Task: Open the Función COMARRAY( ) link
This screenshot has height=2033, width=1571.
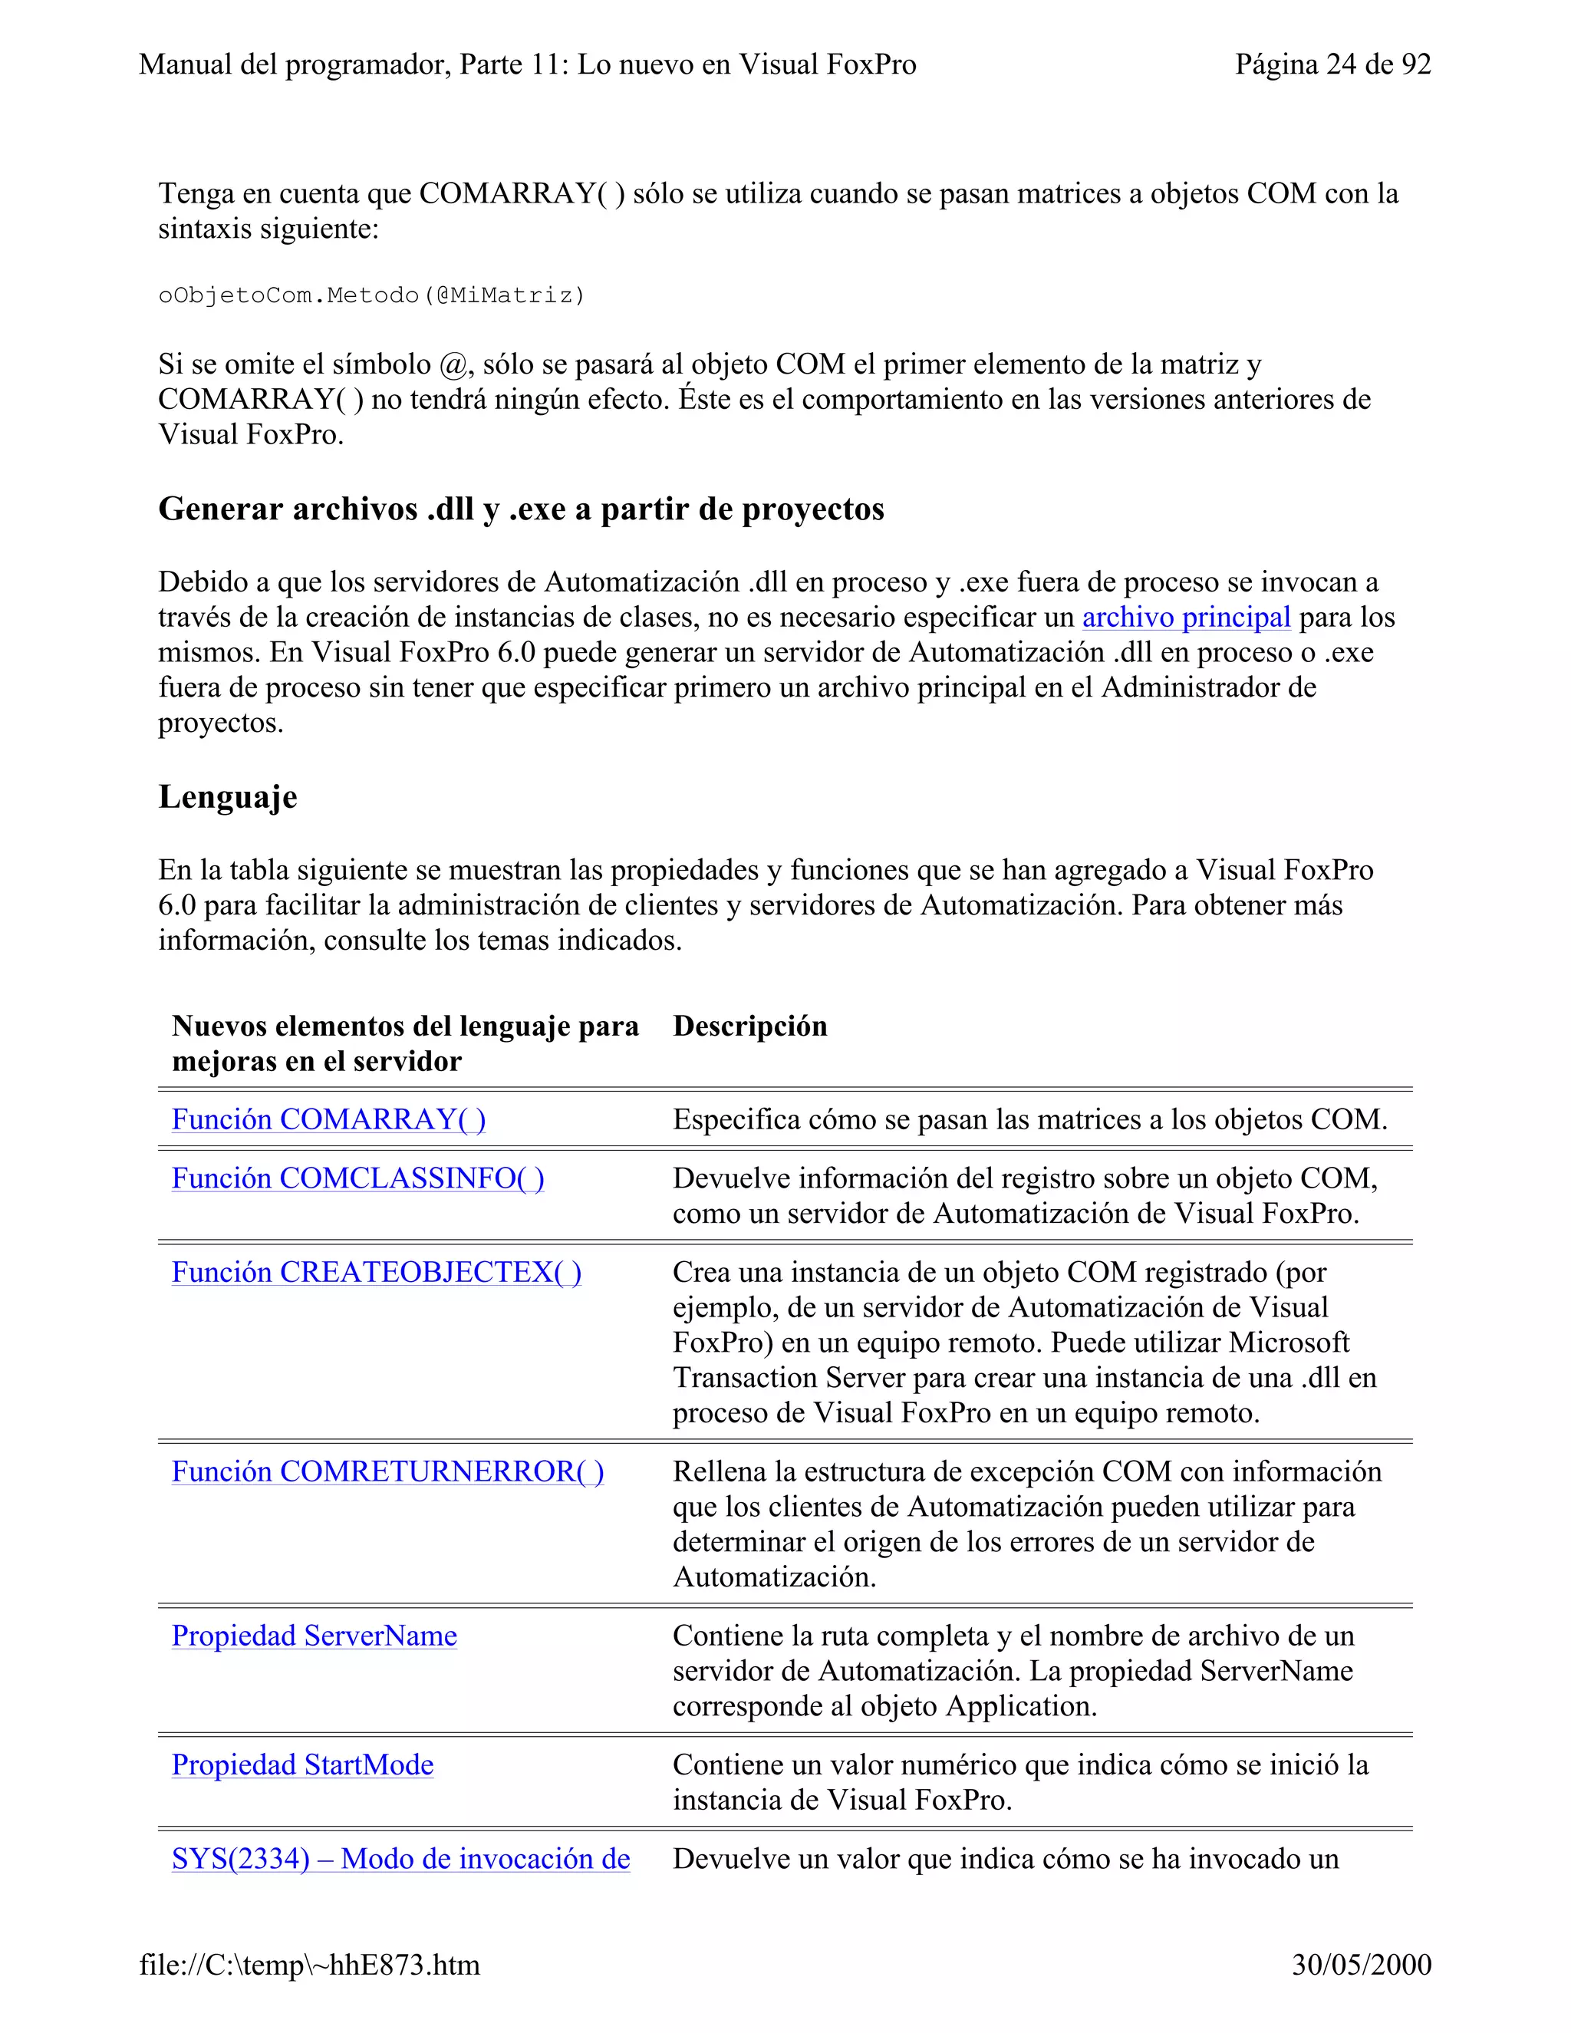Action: click(x=328, y=1120)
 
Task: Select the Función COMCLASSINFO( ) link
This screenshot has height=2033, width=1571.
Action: click(x=357, y=1179)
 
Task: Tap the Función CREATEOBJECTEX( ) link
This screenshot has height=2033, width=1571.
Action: click(x=376, y=1274)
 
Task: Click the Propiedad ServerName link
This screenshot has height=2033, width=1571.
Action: click(x=314, y=1636)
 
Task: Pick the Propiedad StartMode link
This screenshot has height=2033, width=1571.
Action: click(x=302, y=1766)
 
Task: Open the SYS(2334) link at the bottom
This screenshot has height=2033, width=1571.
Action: click(x=400, y=1860)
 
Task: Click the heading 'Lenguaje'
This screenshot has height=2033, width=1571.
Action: click(x=228, y=798)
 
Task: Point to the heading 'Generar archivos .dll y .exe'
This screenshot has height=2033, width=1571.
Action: click(x=520, y=509)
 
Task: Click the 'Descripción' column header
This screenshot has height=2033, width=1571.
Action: click(x=749, y=1026)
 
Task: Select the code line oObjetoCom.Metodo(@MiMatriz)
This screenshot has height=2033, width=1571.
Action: click(x=371, y=296)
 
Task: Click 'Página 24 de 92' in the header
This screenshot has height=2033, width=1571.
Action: click(x=1332, y=64)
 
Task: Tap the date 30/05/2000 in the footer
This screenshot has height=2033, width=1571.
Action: click(x=1361, y=1965)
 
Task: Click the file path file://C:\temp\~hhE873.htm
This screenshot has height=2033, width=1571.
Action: click(x=309, y=1965)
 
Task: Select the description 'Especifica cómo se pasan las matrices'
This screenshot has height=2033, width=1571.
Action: click(x=1029, y=1120)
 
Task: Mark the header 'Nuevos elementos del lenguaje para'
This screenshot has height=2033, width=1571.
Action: click(x=405, y=1026)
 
